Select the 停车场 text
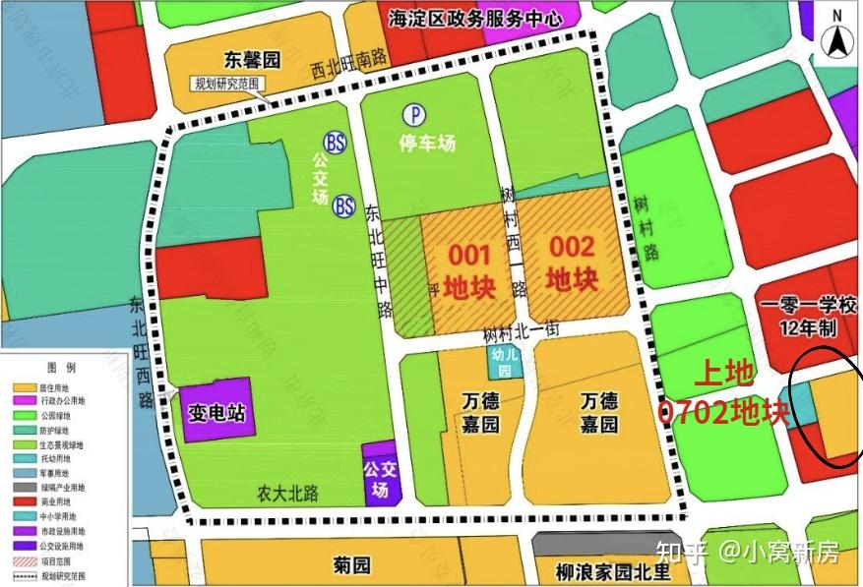(427, 143)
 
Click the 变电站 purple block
(216, 409)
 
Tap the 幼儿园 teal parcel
(504, 363)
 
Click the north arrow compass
(837, 36)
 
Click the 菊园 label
(351, 564)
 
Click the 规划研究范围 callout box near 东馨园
(228, 85)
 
